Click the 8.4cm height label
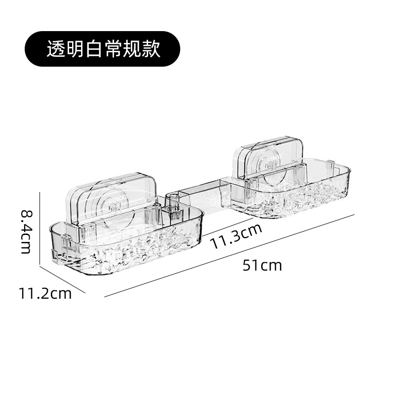(26, 231)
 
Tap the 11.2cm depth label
(45, 294)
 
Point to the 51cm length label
(262, 266)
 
